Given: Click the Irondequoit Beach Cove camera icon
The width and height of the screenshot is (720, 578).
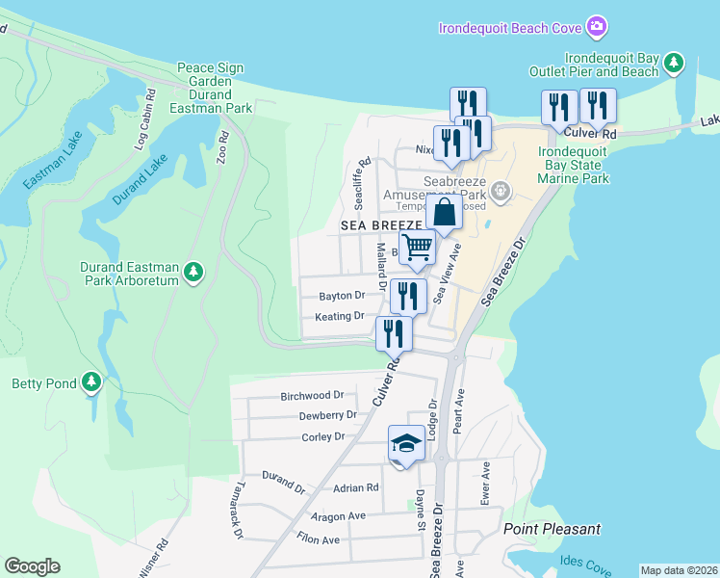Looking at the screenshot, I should (597, 26).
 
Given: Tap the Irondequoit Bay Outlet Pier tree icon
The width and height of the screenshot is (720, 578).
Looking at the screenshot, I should (675, 64).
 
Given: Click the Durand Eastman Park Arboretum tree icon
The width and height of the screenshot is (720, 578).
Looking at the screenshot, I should (194, 273).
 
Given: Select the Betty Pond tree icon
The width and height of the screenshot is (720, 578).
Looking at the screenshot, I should (91, 382).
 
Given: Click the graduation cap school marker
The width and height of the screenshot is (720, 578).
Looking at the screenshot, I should (406, 444).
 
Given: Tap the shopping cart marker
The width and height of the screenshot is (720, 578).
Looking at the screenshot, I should (417, 247).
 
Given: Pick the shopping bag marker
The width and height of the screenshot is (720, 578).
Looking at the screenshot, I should (445, 211).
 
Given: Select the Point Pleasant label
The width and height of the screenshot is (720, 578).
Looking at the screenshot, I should (552, 529).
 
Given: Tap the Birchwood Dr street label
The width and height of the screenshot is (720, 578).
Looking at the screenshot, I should (312, 395).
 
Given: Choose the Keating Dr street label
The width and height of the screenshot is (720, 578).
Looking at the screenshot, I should (340, 316).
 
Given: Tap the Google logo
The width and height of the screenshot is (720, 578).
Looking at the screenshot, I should (32, 566).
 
